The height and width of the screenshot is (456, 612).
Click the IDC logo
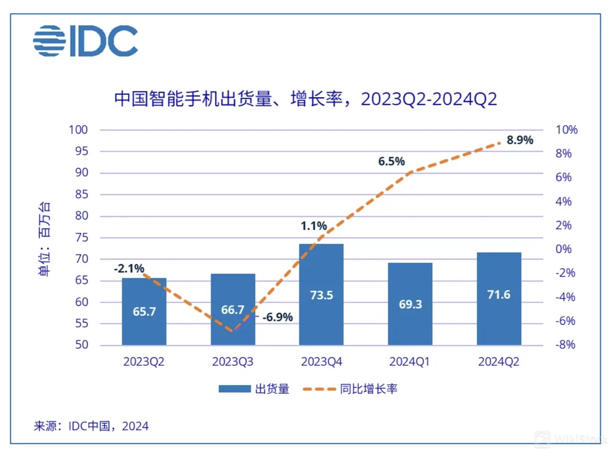[x=85, y=41]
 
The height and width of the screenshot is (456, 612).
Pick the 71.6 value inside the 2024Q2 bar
[x=499, y=295]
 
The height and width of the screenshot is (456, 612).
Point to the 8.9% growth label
[x=519, y=140]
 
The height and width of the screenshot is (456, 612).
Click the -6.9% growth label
[x=278, y=317]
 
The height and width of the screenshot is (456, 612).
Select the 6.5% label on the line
[x=391, y=161]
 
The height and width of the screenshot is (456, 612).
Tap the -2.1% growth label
[x=129, y=269]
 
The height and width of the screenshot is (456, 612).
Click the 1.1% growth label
[x=314, y=226]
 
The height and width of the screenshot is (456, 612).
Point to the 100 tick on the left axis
[x=78, y=130]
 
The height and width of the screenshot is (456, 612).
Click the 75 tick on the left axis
[x=82, y=237]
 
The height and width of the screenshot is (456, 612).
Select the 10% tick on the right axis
[x=566, y=130]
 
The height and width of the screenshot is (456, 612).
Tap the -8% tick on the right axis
[x=565, y=345]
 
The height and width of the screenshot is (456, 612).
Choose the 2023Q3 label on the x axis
[x=232, y=362]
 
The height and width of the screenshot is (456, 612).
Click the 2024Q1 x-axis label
[x=409, y=362]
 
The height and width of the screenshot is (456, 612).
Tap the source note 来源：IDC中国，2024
[x=91, y=426]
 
